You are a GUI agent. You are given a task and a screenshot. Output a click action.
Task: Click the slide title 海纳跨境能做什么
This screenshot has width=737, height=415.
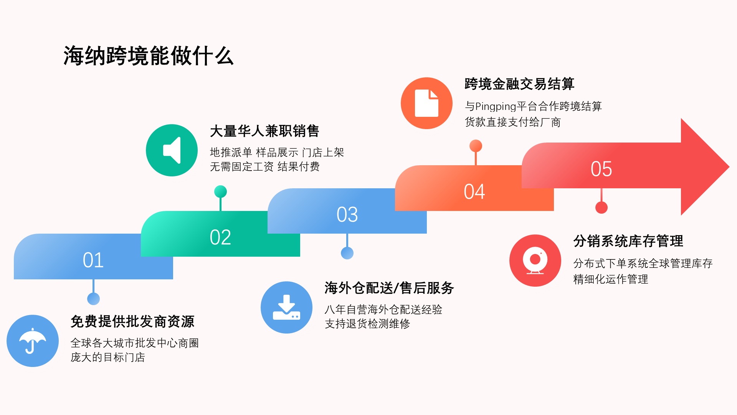click(149, 56)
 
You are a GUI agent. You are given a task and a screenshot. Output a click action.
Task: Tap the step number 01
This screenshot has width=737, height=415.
click(93, 260)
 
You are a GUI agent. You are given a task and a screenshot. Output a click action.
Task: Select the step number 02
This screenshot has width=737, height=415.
click(220, 237)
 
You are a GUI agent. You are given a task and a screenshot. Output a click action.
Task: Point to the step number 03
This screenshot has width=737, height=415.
click(347, 215)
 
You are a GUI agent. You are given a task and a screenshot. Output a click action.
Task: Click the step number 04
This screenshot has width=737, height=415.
click(474, 192)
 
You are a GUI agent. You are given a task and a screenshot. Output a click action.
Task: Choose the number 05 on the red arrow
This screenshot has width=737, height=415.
click(601, 169)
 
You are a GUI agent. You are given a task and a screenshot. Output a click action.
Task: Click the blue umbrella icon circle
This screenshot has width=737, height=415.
click(33, 341)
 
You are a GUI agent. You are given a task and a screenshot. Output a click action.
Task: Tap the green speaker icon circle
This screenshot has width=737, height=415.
click(172, 150)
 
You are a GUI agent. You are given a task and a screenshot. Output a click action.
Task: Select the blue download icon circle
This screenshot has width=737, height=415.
click(286, 307)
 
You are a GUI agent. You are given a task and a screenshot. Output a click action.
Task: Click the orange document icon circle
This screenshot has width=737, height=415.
click(426, 103)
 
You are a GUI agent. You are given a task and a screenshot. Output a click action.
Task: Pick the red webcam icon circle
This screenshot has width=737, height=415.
click(535, 261)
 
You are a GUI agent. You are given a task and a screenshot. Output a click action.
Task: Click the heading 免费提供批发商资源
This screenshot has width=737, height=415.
click(132, 321)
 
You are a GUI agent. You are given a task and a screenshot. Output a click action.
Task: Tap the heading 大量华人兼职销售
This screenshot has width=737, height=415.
click(264, 131)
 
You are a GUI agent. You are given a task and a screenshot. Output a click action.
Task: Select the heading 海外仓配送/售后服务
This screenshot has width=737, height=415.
click(389, 288)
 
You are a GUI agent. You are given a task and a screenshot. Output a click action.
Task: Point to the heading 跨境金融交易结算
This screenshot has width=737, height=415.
click(519, 84)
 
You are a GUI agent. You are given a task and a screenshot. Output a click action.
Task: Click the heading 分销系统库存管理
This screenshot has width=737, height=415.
click(628, 241)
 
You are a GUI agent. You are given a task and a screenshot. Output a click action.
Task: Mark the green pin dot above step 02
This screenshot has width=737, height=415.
click(220, 191)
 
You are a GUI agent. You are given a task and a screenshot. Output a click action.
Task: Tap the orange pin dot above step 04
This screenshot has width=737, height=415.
click(476, 146)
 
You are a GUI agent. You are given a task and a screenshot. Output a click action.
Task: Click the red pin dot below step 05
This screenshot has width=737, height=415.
click(601, 207)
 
